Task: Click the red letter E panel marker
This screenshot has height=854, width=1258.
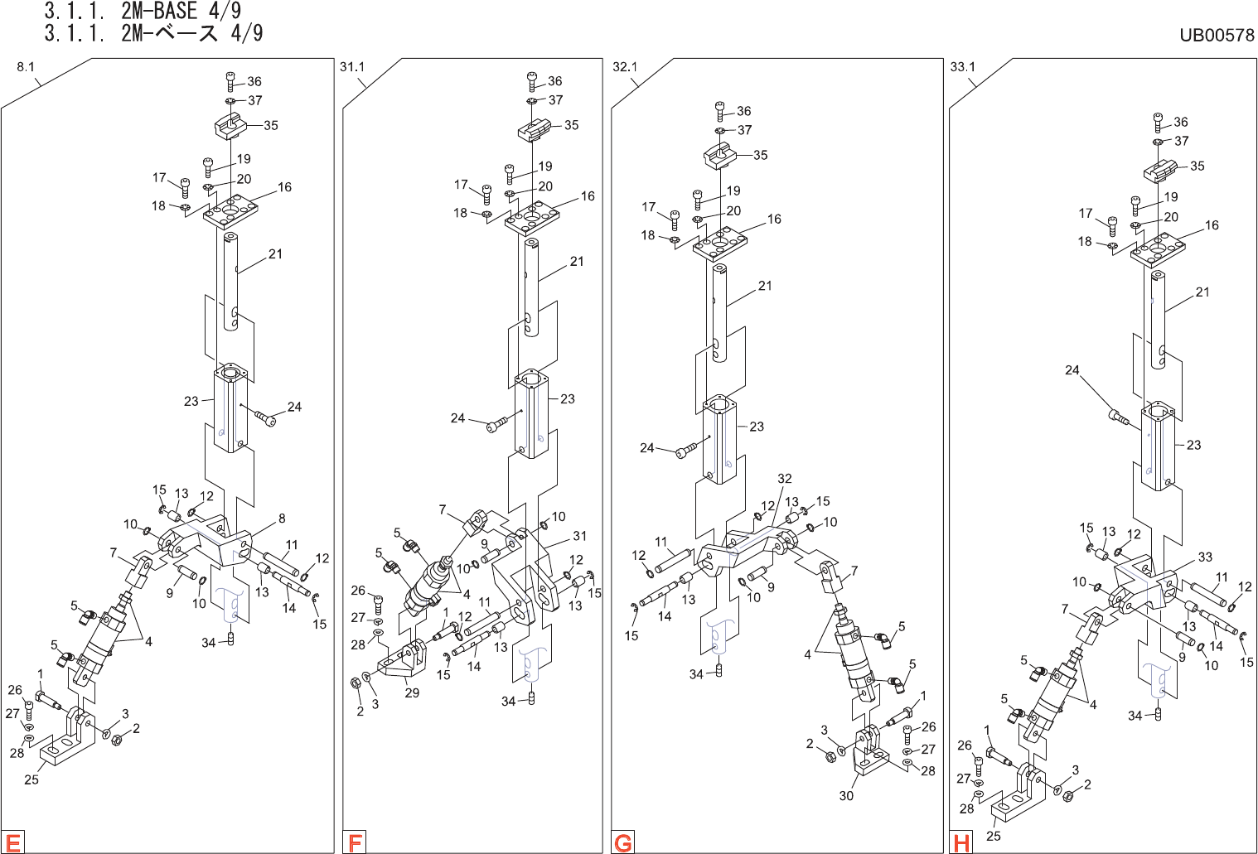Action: tap(13, 842)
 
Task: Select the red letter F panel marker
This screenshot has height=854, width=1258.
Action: tap(356, 842)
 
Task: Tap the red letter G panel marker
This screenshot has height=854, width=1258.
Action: tap(623, 842)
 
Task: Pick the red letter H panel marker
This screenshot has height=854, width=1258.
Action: tap(961, 842)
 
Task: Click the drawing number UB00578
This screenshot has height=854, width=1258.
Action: tap(1217, 35)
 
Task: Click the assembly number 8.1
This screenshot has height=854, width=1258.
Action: tap(26, 67)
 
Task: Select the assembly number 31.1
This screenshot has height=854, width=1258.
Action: tap(352, 67)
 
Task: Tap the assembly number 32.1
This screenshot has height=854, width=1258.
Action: tap(624, 67)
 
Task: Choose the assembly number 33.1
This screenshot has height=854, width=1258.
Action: tap(962, 67)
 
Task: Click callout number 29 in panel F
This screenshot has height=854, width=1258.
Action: tap(412, 692)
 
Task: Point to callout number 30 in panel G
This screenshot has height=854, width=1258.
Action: tap(846, 795)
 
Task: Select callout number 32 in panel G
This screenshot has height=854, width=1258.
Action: tap(785, 479)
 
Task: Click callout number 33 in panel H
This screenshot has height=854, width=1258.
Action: tap(1205, 557)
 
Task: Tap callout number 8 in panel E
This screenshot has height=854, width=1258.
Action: tap(282, 519)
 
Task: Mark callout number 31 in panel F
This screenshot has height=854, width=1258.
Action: tap(580, 536)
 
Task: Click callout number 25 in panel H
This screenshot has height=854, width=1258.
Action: tap(994, 836)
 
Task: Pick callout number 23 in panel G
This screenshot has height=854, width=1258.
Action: tap(757, 427)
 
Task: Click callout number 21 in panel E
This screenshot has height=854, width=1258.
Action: tap(275, 254)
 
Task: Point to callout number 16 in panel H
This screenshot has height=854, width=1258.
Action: tap(1212, 225)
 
